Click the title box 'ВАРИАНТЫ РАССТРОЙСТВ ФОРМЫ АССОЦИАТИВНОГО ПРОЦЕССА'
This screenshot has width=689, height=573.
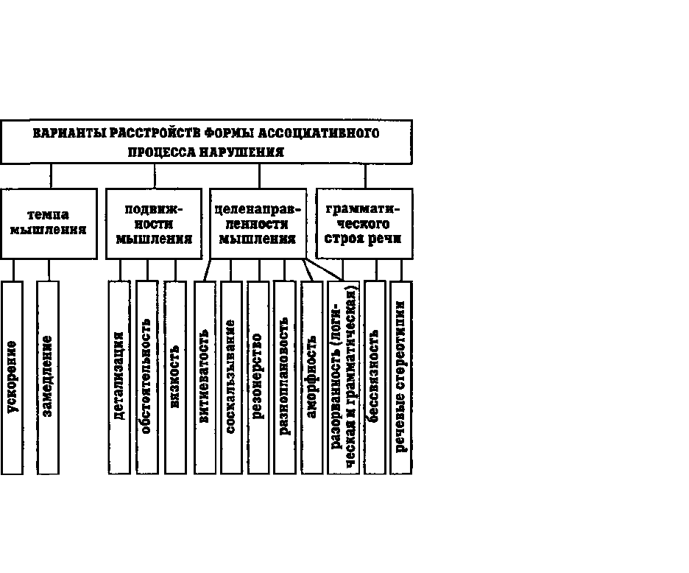tap(207, 142)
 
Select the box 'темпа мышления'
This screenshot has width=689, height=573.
tap(49, 224)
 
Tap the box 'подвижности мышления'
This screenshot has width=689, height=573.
tap(154, 224)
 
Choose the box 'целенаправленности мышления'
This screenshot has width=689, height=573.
tap(258, 224)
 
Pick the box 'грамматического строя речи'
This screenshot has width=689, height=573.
tap(364, 224)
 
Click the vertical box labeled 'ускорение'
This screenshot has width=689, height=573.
tap(12, 377)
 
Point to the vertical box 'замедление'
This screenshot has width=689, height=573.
tap(48, 377)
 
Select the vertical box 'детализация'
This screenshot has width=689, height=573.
tap(119, 377)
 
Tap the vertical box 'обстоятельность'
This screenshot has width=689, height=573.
tap(147, 377)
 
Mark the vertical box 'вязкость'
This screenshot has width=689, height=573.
tap(175, 377)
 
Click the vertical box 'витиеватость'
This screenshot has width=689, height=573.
tap(205, 377)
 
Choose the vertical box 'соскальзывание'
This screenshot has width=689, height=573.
tap(231, 377)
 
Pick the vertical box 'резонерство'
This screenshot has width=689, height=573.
tap(258, 377)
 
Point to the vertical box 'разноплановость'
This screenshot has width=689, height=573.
tap(285, 377)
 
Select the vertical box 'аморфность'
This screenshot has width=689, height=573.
tap(312, 377)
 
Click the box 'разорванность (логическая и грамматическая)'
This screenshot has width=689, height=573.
tap(343, 377)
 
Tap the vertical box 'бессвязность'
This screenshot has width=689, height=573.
tap(375, 377)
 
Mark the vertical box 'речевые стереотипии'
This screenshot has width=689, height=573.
tap(401, 377)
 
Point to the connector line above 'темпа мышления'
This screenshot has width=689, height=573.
tap(51, 176)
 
